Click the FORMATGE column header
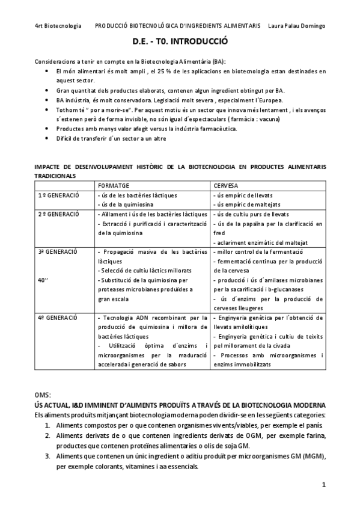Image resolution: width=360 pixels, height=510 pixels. coord(113,185)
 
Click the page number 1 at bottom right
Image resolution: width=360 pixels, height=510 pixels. coord(323,484)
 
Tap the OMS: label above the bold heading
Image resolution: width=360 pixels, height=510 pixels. coord(44,394)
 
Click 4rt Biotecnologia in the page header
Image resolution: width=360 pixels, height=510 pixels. coord(58,26)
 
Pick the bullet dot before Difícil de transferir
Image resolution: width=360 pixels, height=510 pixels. coord(47,138)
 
